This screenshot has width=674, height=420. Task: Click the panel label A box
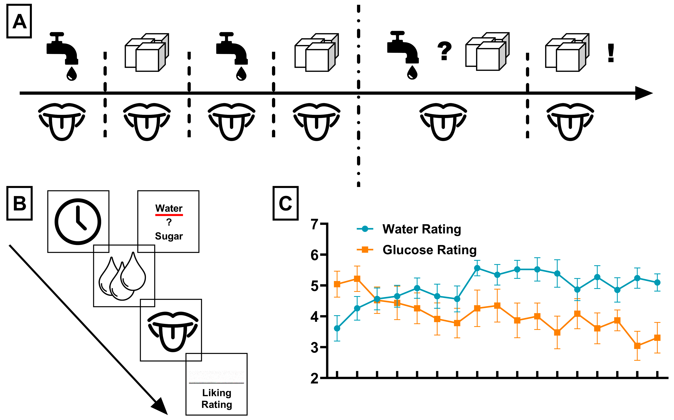click(x=19, y=21)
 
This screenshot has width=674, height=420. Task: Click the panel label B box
click(x=20, y=203)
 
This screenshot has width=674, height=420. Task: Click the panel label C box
click(x=286, y=203)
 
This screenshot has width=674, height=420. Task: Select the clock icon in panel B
click(x=78, y=221)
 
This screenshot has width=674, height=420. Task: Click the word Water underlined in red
click(x=169, y=208)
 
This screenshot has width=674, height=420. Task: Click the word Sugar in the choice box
click(x=169, y=236)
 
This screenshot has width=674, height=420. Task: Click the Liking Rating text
click(x=217, y=398)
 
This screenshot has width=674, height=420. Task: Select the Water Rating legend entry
click(x=421, y=229)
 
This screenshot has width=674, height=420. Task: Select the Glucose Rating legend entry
click(x=429, y=250)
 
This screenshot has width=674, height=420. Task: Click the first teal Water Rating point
click(x=337, y=328)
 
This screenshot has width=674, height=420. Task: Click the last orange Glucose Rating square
click(x=657, y=338)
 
